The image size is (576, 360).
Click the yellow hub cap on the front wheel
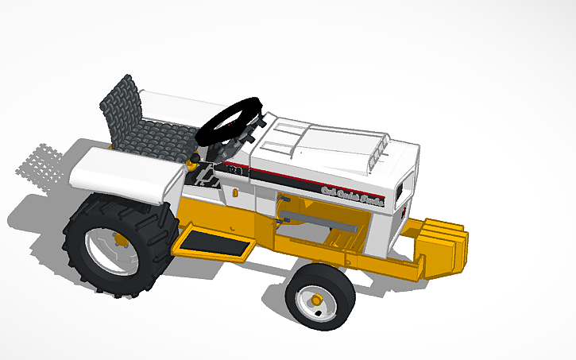[x=317, y=300]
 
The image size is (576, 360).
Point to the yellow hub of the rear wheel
[x=119, y=238]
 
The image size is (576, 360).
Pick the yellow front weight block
[x=441, y=246]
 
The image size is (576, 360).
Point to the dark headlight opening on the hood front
[x=402, y=191]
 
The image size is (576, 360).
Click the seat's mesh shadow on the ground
[x=40, y=162]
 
